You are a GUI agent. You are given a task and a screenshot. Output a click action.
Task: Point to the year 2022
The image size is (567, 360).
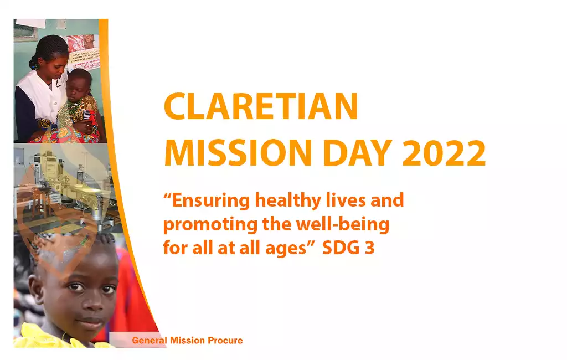(x=444, y=153)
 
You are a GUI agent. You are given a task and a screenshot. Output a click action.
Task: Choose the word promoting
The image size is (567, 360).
(x=210, y=225)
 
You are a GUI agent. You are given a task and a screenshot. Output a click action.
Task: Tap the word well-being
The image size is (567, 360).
(x=343, y=224)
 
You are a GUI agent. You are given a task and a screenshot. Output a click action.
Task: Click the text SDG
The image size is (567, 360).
(x=341, y=248)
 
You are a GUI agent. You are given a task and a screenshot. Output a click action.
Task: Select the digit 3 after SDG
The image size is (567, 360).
(x=369, y=248)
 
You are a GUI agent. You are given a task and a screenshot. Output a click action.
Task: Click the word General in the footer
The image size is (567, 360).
(x=150, y=341)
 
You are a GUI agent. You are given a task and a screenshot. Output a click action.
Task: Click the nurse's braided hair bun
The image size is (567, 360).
(x=34, y=64)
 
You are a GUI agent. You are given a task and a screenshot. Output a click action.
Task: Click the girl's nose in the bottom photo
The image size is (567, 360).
(x=92, y=302)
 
